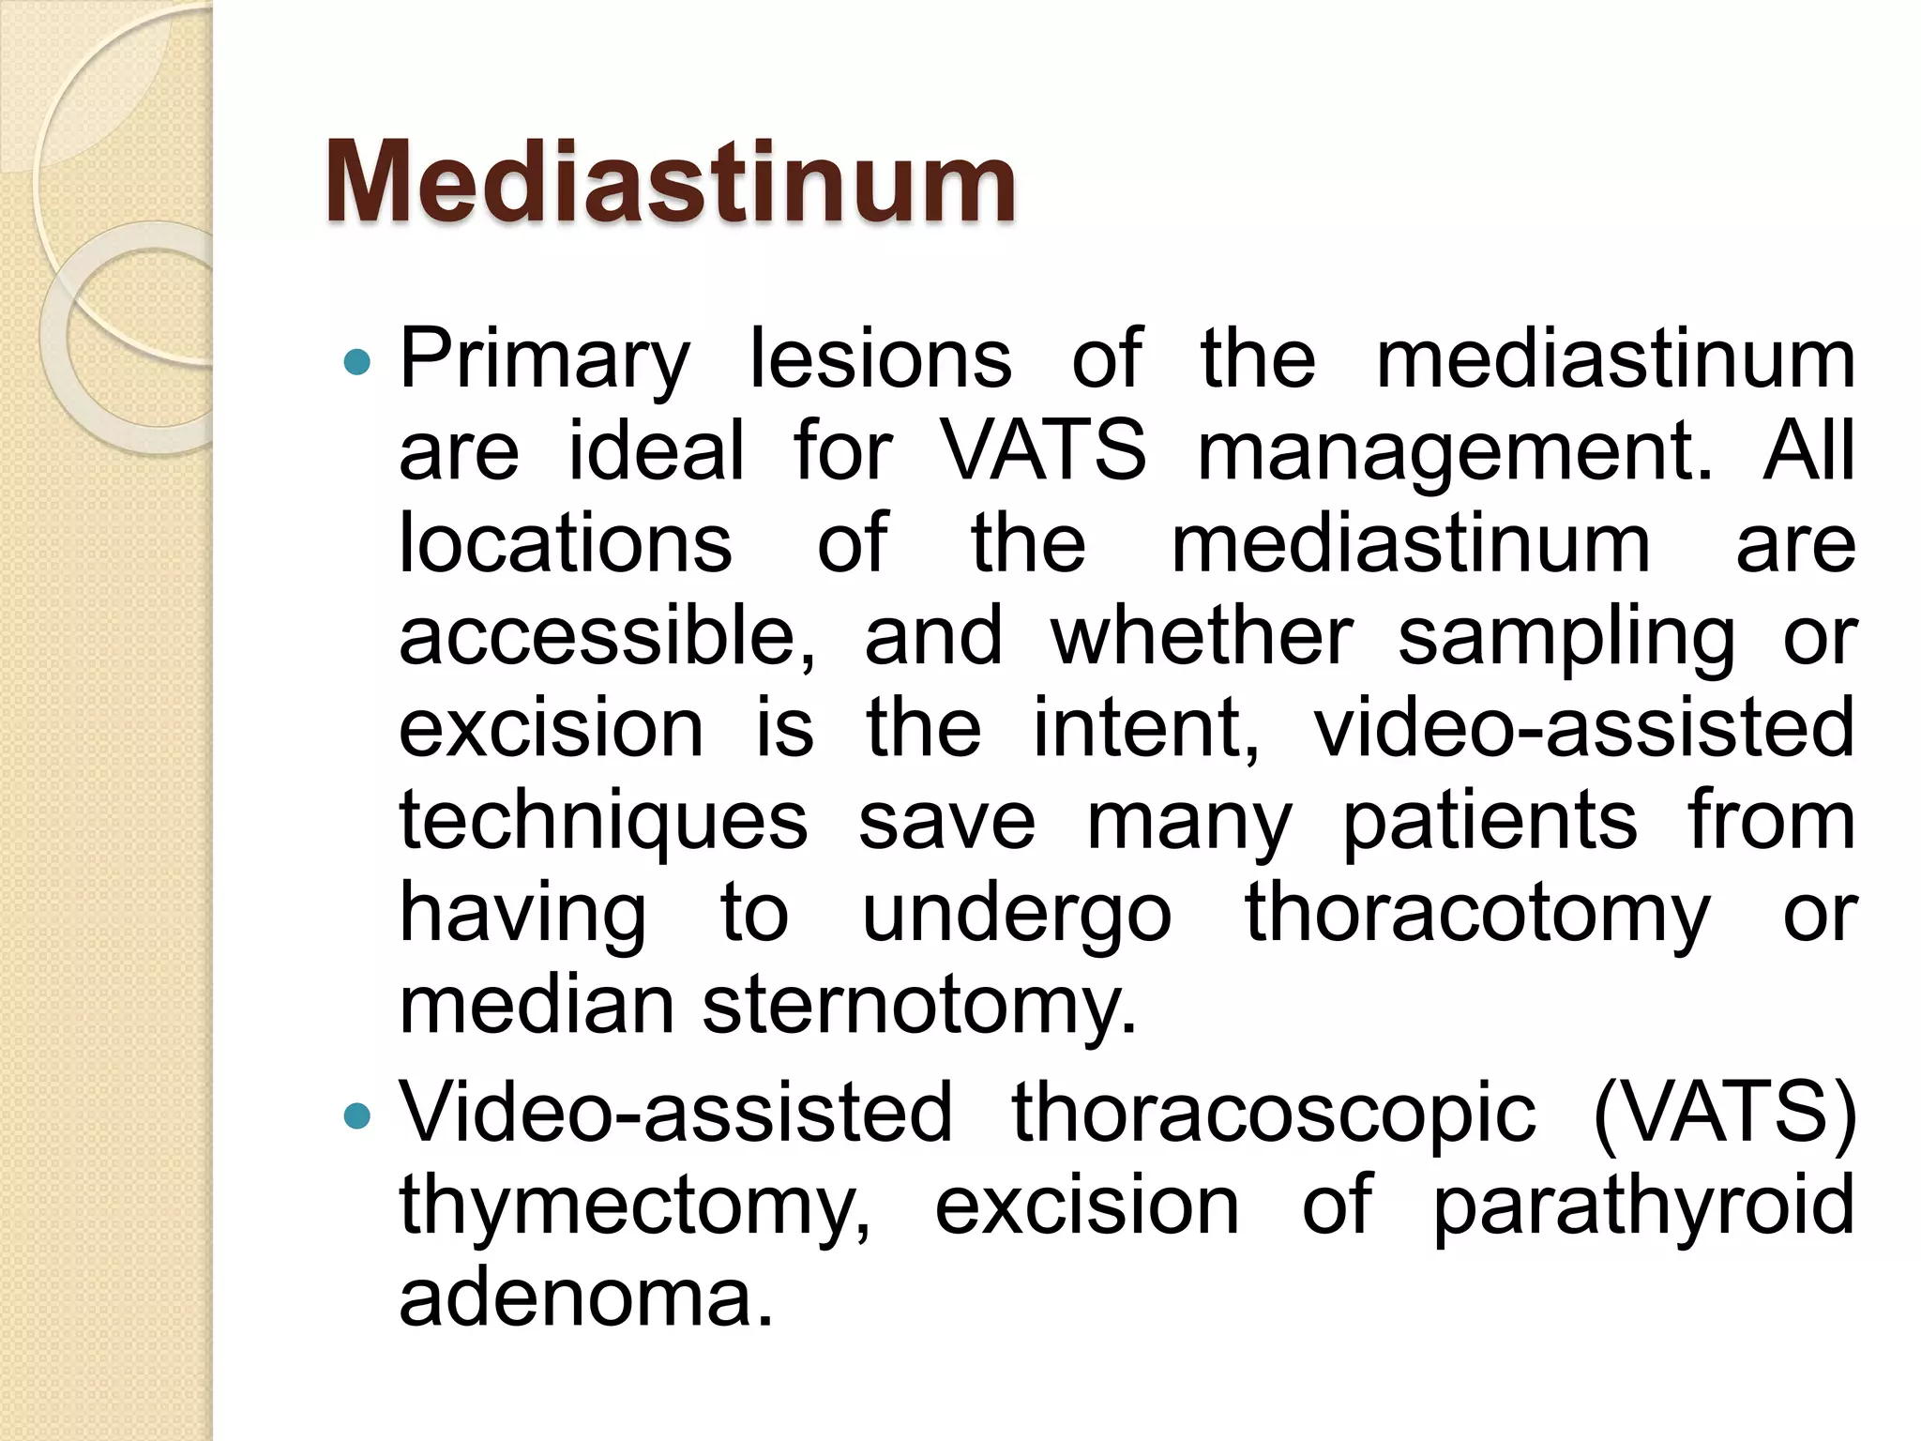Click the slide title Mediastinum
click(x=670, y=183)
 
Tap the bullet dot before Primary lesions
click(x=357, y=362)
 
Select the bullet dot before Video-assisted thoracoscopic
click(x=357, y=1116)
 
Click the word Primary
click(x=544, y=361)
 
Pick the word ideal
click(x=656, y=451)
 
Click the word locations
click(x=565, y=544)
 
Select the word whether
click(x=1201, y=636)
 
